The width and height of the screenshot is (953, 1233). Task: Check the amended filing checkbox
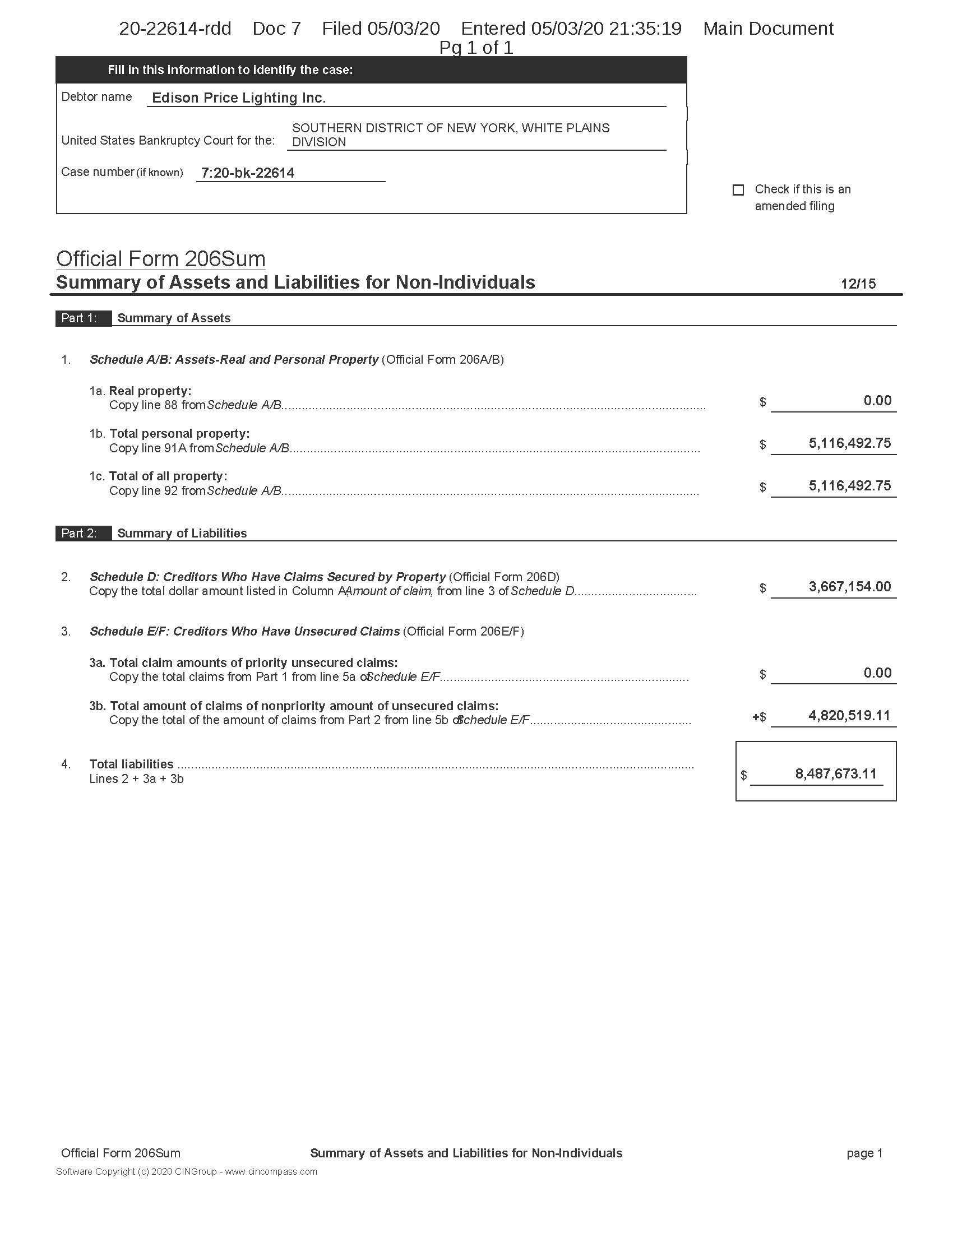(x=738, y=190)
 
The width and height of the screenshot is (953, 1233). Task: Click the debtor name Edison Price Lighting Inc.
(x=239, y=98)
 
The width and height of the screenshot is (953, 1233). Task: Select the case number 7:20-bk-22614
(x=248, y=173)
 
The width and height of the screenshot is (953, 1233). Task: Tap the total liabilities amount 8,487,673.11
(x=836, y=774)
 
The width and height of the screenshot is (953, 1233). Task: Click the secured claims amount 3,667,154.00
(x=850, y=587)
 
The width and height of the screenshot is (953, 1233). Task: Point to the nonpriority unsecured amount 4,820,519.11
(x=849, y=716)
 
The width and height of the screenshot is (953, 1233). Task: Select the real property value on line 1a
(x=877, y=401)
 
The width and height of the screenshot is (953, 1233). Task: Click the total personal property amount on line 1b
(x=850, y=444)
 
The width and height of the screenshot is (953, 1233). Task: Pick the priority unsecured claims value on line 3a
(x=877, y=673)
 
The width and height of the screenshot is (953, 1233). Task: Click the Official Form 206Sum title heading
(x=161, y=259)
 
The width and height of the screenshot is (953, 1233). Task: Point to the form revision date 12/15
(x=858, y=284)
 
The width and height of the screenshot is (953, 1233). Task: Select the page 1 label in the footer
(x=864, y=1153)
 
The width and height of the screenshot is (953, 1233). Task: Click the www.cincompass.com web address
(x=271, y=1171)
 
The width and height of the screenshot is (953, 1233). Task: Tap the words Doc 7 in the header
(x=276, y=29)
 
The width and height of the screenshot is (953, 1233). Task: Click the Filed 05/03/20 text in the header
(x=381, y=29)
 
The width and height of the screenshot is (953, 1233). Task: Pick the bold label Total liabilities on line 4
(x=131, y=764)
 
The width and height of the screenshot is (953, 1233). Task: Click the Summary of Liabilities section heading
(x=182, y=534)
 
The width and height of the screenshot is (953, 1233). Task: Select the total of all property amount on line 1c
(x=850, y=486)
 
